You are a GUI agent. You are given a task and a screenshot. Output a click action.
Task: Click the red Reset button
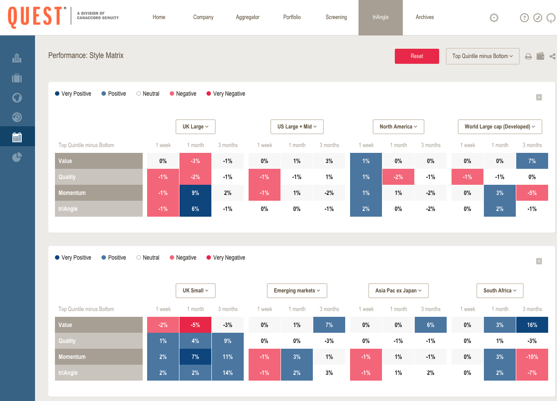pos(417,56)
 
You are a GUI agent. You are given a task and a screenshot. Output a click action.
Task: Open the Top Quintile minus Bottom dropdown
pos(482,56)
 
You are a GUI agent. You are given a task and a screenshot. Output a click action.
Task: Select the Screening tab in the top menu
pos(336,17)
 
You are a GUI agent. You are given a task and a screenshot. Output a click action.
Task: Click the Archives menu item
pos(425,17)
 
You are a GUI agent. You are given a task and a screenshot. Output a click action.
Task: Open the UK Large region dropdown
pos(195,127)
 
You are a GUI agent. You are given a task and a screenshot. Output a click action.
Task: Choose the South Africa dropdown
pos(500,291)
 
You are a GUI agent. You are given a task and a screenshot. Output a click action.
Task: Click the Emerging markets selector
pos(297,291)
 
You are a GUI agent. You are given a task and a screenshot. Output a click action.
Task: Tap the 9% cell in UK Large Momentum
pos(195,193)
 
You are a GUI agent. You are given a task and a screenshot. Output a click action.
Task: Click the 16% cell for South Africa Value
pos(532,325)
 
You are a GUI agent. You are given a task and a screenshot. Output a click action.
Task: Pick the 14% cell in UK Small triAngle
pos(228,373)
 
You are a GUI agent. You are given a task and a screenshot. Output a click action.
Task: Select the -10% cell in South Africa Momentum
pos(532,357)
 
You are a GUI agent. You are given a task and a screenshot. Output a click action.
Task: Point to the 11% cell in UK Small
pos(228,357)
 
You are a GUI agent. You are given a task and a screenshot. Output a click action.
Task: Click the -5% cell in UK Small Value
pos(195,325)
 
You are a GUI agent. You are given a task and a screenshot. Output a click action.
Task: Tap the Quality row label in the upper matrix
pos(99,177)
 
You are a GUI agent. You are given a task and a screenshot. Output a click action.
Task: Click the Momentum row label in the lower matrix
pos(99,357)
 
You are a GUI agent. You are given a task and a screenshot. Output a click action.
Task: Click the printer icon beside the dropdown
pos(528,56)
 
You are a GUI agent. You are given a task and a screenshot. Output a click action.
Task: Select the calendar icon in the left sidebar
pos(17,137)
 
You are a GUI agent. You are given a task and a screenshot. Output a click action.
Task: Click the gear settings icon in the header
pos(494,18)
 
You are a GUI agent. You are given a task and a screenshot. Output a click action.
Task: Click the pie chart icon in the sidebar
pos(17,157)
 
